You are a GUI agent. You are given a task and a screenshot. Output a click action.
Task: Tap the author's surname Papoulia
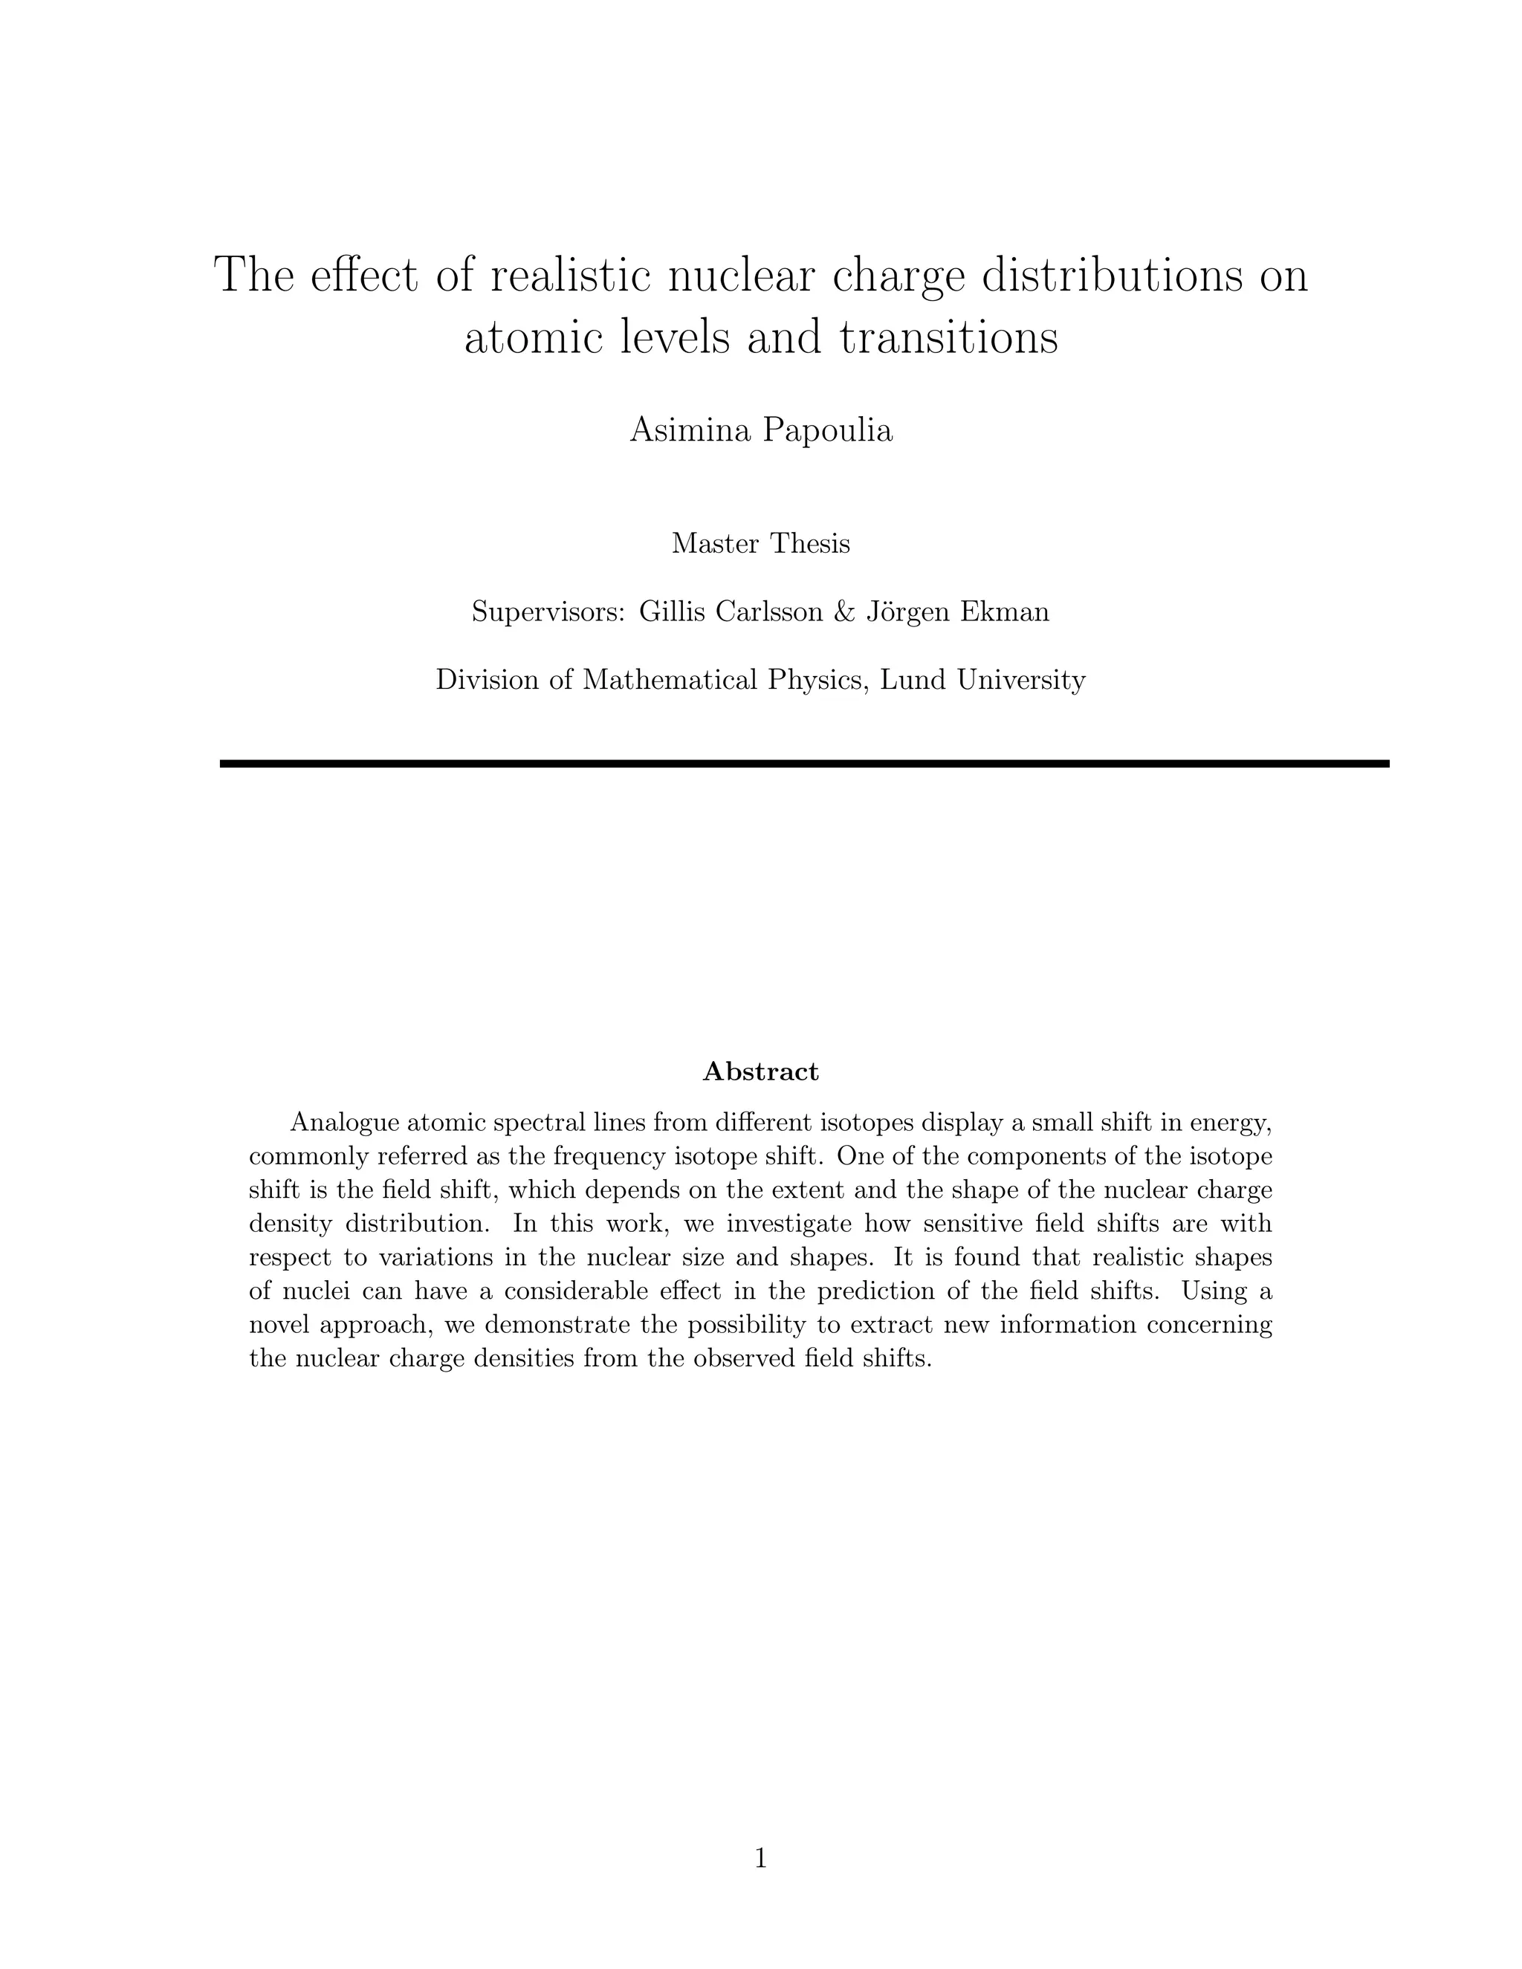(x=827, y=430)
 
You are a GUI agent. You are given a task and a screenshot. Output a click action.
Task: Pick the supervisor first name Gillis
(x=673, y=612)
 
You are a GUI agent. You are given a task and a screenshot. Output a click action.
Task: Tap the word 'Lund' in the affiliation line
(x=913, y=680)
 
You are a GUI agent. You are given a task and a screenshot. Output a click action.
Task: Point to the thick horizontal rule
(x=804, y=764)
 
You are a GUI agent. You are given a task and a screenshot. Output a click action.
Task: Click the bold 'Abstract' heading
(x=760, y=1072)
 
